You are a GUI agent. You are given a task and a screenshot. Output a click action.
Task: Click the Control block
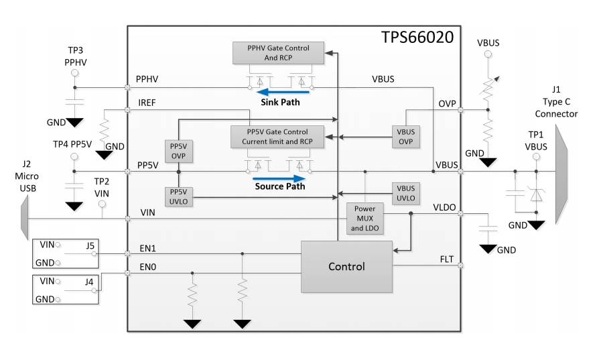click(346, 266)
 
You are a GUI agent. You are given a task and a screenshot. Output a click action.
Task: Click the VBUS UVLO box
click(406, 194)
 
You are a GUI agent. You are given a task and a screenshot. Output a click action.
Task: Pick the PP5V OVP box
click(178, 151)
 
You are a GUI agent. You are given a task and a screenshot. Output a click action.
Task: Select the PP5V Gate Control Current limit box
click(277, 137)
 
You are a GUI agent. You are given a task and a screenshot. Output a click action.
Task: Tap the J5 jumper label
click(89, 245)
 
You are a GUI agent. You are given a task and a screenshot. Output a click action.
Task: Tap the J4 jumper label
click(89, 282)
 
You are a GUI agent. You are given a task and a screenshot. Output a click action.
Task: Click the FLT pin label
click(446, 258)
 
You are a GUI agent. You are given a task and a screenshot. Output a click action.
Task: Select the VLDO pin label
click(442, 207)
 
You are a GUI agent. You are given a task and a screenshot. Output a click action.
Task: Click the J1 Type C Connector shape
click(559, 172)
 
